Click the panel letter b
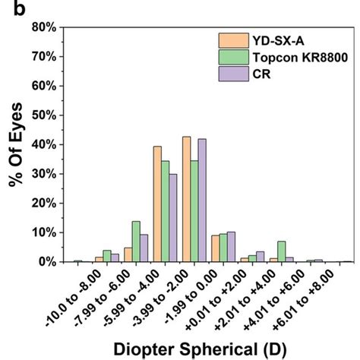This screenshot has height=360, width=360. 8,8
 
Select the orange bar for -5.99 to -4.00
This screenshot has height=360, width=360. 157,204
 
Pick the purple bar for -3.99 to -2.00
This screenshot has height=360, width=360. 202,201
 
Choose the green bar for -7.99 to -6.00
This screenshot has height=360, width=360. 107,256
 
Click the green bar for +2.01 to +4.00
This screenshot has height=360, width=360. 282,251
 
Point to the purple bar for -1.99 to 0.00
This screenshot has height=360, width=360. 231,247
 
